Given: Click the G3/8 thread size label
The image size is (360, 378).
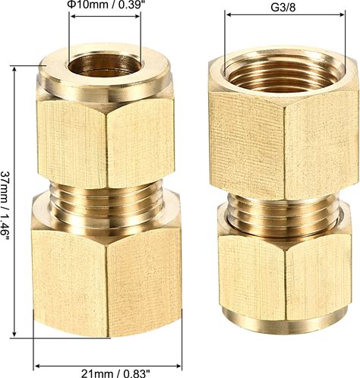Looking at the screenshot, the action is [283, 7].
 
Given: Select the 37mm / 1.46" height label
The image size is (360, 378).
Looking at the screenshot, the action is [5, 202].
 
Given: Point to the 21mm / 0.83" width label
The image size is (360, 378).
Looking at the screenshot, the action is [115, 373].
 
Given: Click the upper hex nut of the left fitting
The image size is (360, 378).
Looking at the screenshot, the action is [106, 143].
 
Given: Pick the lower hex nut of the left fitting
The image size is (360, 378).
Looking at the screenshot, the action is [107, 275].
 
